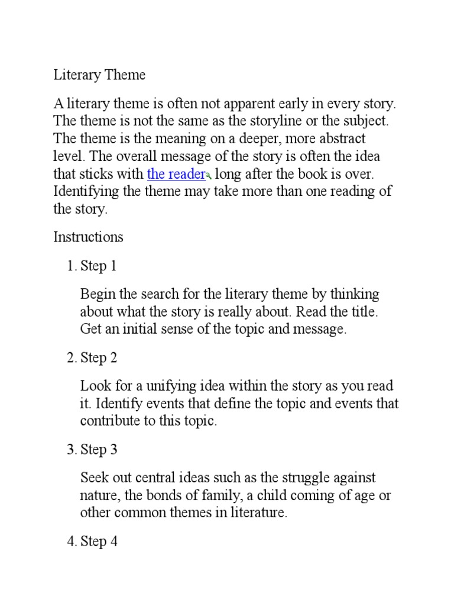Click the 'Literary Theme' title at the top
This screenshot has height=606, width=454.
(x=99, y=75)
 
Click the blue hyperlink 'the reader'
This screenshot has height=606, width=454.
(x=176, y=174)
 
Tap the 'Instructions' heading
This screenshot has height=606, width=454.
(x=89, y=237)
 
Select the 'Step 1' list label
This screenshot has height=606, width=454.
(x=98, y=266)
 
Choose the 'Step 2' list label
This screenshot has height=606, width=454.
(x=98, y=358)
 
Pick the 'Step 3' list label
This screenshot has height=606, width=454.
(x=98, y=450)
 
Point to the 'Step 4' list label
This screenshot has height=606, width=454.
(x=98, y=541)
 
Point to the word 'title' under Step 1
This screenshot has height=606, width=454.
(x=361, y=312)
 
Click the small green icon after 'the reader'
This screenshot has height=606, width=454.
(x=209, y=176)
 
